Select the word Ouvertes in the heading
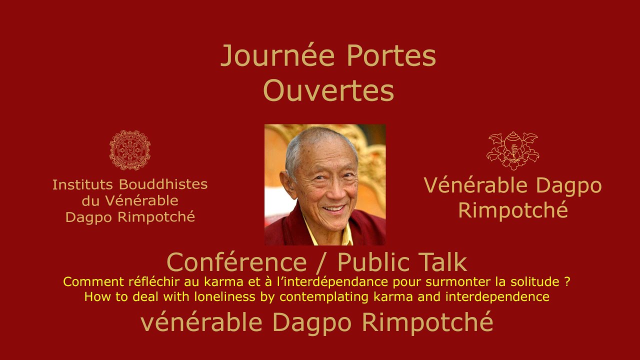pos(328,91)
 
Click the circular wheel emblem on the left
pos(130,150)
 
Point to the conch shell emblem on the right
pos(512,150)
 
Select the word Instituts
pos(80,184)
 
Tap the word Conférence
pos(236,262)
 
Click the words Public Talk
pos(402,262)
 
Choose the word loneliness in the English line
pos(227,297)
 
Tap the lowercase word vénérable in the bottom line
pos(201,322)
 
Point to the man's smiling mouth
pos(333,207)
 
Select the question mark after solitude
pos(567,282)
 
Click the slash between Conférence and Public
pos(326,262)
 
